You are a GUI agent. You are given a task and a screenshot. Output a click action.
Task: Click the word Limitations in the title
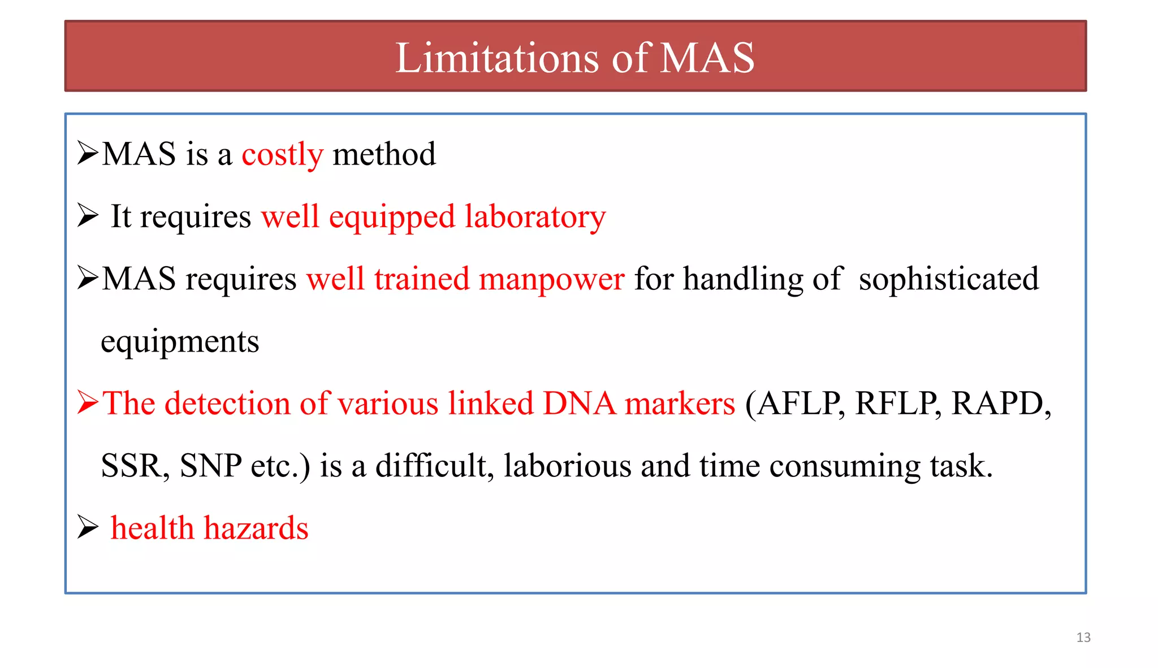coord(497,58)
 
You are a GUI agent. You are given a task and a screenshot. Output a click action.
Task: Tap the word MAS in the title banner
coord(707,58)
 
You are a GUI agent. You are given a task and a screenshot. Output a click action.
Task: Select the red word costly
coord(282,154)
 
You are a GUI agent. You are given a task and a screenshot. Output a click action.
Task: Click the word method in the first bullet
coord(384,154)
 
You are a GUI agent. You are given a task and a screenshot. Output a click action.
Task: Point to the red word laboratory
coord(535,217)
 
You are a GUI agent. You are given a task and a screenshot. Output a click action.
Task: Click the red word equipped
coord(391,217)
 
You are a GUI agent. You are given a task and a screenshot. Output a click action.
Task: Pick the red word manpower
coord(551,279)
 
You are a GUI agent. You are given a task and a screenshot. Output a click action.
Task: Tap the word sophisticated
coord(948,279)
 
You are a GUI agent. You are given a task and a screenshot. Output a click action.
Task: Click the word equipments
coord(180,341)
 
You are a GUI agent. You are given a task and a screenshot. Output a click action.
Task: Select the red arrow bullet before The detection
coord(88,403)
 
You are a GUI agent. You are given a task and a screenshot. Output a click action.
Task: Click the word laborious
coord(567,466)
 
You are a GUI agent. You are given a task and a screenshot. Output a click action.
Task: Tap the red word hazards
coord(256,528)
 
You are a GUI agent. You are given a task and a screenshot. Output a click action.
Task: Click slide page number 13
coord(1083,637)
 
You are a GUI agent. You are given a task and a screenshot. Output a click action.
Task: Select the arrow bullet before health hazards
coord(88,527)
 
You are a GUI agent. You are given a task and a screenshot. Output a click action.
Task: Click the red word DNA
coord(579,404)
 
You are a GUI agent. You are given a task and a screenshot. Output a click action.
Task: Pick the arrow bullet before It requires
coord(88,216)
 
